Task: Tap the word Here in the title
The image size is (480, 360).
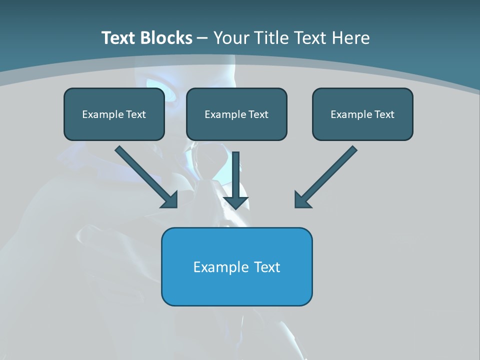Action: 351,38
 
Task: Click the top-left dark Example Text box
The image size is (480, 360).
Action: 114,114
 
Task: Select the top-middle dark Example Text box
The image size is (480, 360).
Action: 236,114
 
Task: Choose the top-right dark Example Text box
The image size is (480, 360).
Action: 362,114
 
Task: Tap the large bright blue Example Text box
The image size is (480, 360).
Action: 236,266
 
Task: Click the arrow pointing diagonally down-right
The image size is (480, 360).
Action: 145,176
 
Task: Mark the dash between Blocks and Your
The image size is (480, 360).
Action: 202,38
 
